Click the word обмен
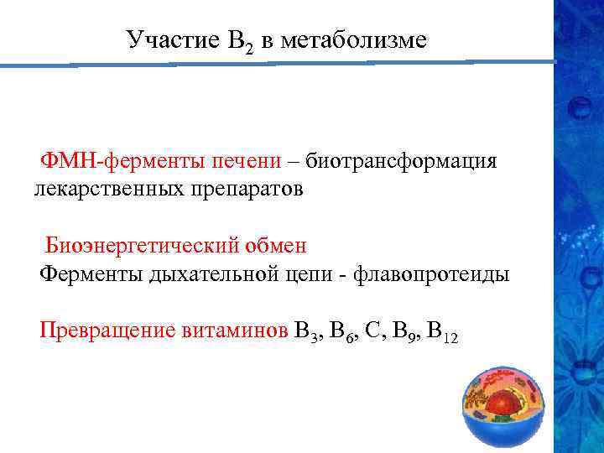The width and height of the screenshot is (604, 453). [x=278, y=246]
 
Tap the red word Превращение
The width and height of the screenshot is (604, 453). [x=105, y=330]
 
